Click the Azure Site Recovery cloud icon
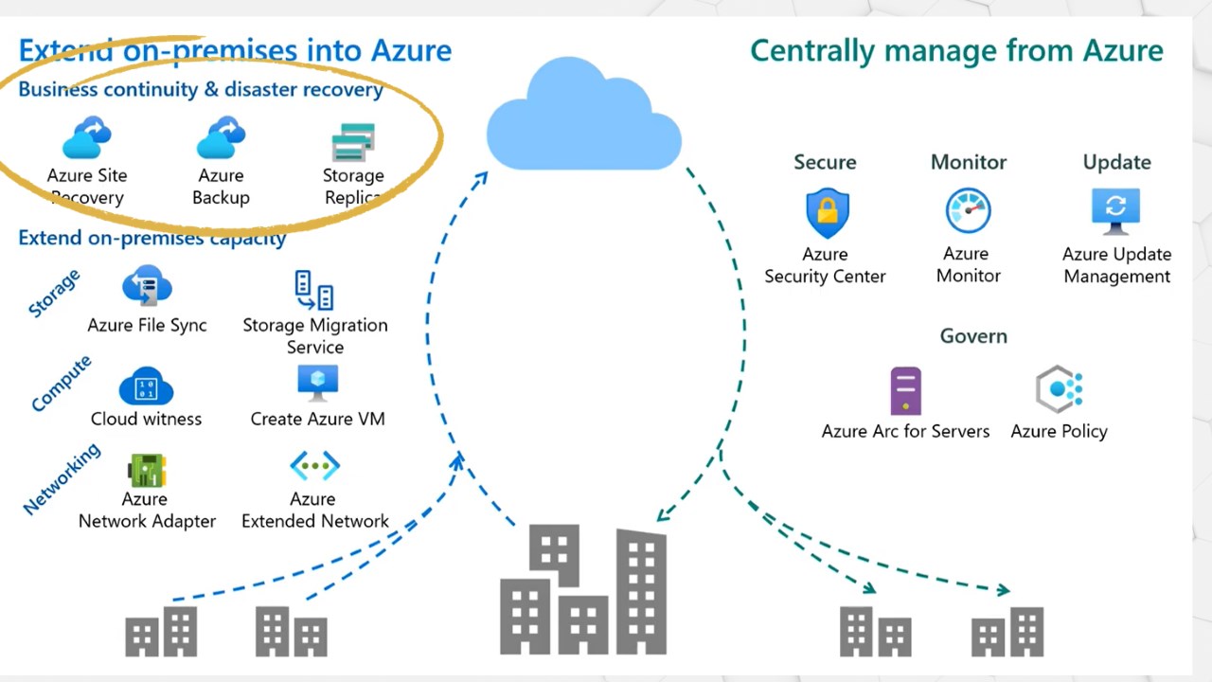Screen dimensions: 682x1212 pos(87,138)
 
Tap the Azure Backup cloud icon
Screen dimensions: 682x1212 pos(221,138)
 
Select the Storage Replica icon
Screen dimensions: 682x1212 pos(353,142)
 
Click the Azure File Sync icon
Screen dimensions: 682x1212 pos(147,285)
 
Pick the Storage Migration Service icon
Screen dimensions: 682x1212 pos(314,290)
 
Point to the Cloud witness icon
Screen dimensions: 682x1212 pos(146,386)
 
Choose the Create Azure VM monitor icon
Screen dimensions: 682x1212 pos(317,383)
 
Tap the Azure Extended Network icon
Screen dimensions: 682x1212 pos(314,466)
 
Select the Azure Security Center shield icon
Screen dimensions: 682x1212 pos(827,213)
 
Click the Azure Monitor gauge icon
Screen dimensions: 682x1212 pos(968,211)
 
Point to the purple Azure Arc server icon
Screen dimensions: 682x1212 pos(905,390)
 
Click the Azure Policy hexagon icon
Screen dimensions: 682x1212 pos(1059,389)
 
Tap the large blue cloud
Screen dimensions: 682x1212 pos(582,118)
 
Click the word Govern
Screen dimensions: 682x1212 pos(973,336)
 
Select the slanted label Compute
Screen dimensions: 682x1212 pos(62,384)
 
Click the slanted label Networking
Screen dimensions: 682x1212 pos(62,479)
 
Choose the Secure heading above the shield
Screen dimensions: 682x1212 pos(825,162)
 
